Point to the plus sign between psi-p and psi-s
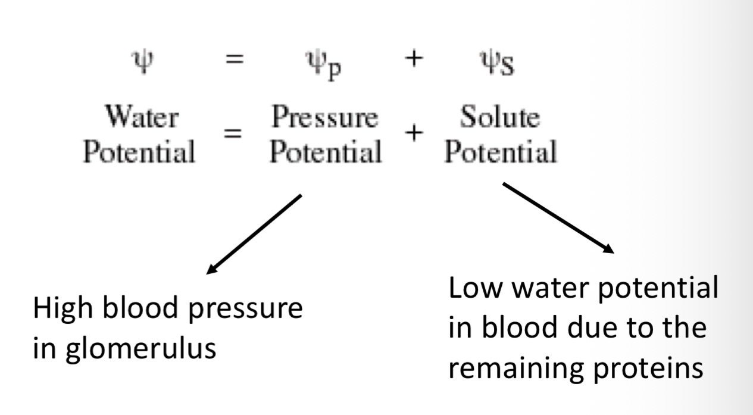[x=410, y=61]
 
